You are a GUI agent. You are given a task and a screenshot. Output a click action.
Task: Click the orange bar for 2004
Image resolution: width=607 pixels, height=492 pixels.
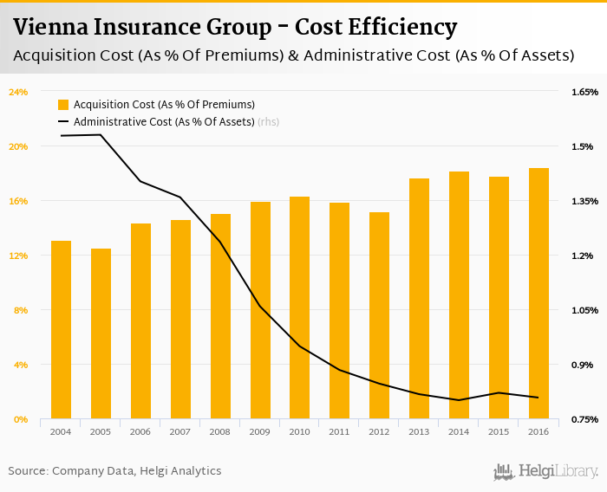pos(61,330)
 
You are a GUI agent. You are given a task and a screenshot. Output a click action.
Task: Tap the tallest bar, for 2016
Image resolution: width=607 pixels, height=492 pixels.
pos(538,294)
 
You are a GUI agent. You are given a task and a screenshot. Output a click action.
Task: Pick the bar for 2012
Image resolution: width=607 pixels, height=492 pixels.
pos(379,315)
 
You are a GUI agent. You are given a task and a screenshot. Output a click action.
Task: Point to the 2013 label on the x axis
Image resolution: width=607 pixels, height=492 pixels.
pos(419,431)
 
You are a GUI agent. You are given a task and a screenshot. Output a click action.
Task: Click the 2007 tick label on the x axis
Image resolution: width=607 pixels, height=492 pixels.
pos(180,431)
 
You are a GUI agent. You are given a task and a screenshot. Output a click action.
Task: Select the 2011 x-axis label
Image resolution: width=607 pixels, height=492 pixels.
pos(339,431)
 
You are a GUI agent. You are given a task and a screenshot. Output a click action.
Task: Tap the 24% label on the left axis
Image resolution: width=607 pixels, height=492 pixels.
pos(18,92)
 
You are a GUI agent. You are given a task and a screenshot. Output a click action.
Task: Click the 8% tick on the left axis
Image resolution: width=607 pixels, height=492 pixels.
pos(21,310)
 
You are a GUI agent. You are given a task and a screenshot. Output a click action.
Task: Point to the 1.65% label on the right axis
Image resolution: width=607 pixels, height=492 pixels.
pos(584,92)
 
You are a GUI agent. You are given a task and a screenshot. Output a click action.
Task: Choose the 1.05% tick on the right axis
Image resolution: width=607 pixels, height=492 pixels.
pos(584,310)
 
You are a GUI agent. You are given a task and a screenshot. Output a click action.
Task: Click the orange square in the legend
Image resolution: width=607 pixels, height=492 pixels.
pos(62,105)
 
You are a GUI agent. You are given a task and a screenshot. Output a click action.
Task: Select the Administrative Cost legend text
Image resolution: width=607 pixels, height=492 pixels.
pos(164,122)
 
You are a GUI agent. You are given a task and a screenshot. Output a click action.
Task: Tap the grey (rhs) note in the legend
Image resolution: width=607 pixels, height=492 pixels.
pos(269,122)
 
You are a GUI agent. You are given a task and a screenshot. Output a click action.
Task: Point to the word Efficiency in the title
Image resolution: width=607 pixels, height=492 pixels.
pos(402,28)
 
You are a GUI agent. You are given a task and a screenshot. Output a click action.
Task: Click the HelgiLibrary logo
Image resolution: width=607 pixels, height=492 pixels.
pos(545,471)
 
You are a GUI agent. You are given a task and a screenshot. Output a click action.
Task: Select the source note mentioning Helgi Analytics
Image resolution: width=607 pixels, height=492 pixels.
pos(114,471)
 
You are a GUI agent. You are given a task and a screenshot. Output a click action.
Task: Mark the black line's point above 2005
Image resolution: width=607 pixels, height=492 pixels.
pos(101,135)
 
